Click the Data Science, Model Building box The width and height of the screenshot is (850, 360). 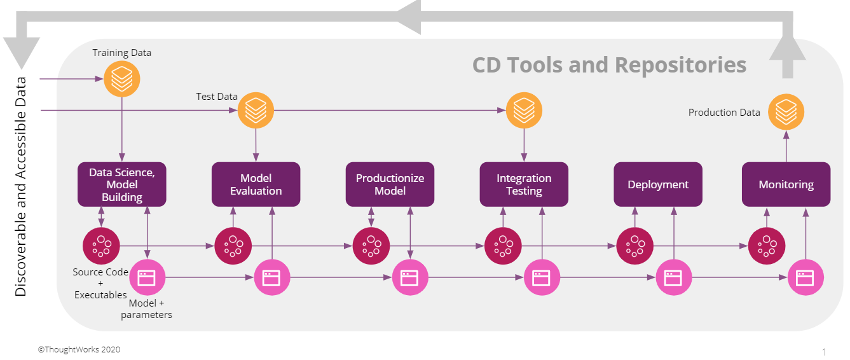[x=122, y=184]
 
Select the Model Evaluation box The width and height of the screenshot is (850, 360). [x=256, y=184]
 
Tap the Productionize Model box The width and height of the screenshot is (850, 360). [x=390, y=184]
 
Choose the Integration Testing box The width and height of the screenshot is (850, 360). [x=524, y=184]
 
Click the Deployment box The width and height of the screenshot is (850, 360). [x=658, y=184]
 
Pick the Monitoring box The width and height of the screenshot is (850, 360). [x=786, y=184]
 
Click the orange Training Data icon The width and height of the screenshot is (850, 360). [x=122, y=79]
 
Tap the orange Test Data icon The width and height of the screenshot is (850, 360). [x=256, y=110]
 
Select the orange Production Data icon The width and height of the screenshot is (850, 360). [x=786, y=112]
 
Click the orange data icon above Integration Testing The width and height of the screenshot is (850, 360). [x=524, y=110]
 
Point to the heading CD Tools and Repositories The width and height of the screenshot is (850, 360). [x=609, y=65]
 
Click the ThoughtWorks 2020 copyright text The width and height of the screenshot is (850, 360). [x=79, y=349]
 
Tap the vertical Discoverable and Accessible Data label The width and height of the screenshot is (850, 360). [x=20, y=186]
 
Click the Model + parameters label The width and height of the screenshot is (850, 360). [x=146, y=308]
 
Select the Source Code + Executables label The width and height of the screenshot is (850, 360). [x=100, y=283]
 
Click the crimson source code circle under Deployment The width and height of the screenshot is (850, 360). [x=635, y=246]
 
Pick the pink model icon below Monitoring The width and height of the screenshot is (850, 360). [x=805, y=277]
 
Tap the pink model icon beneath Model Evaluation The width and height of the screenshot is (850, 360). [x=271, y=277]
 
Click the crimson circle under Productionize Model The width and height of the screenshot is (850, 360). [x=371, y=246]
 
